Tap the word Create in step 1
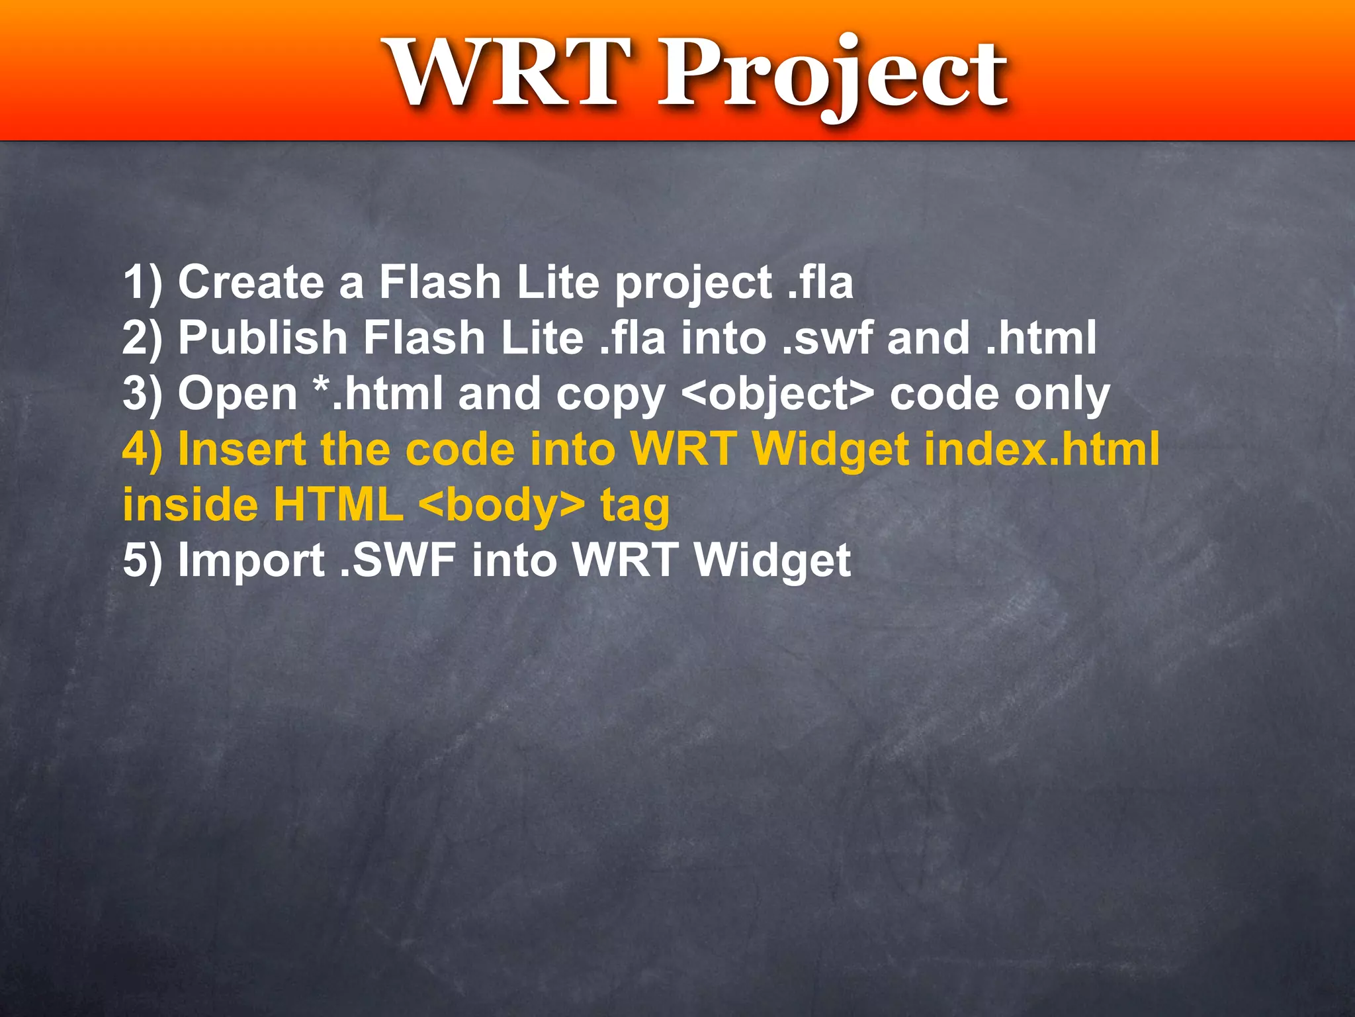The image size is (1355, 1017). click(251, 282)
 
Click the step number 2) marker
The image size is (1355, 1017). click(142, 338)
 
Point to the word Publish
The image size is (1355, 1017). click(263, 338)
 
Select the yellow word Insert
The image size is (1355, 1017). click(242, 450)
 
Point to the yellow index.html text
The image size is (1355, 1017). click(1041, 450)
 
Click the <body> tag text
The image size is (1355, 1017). click(502, 505)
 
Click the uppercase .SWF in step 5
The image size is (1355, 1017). click(398, 561)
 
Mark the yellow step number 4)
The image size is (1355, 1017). click(142, 450)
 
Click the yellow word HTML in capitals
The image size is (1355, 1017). click(338, 505)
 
